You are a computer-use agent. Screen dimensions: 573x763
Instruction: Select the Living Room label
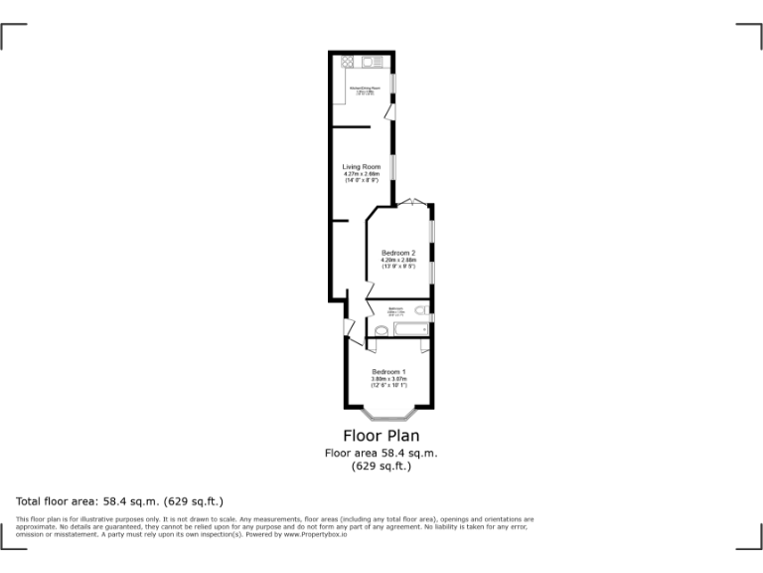point(362,166)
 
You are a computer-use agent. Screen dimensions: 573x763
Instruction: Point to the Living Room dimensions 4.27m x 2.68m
point(362,174)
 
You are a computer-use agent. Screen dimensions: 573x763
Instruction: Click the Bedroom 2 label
point(398,253)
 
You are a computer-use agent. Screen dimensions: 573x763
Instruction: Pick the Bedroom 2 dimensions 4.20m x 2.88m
point(398,261)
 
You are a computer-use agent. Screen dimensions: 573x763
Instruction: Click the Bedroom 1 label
point(388,372)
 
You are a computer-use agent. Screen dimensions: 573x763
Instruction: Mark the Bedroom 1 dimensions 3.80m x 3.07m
point(388,379)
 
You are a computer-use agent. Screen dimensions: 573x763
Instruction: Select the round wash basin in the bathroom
point(381,331)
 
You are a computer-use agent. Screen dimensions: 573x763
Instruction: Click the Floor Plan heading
point(381,436)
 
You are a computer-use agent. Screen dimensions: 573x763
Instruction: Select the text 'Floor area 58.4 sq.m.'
point(381,453)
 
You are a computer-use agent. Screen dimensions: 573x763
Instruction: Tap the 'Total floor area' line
point(119,500)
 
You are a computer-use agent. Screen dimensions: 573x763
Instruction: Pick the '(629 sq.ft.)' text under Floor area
point(381,466)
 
